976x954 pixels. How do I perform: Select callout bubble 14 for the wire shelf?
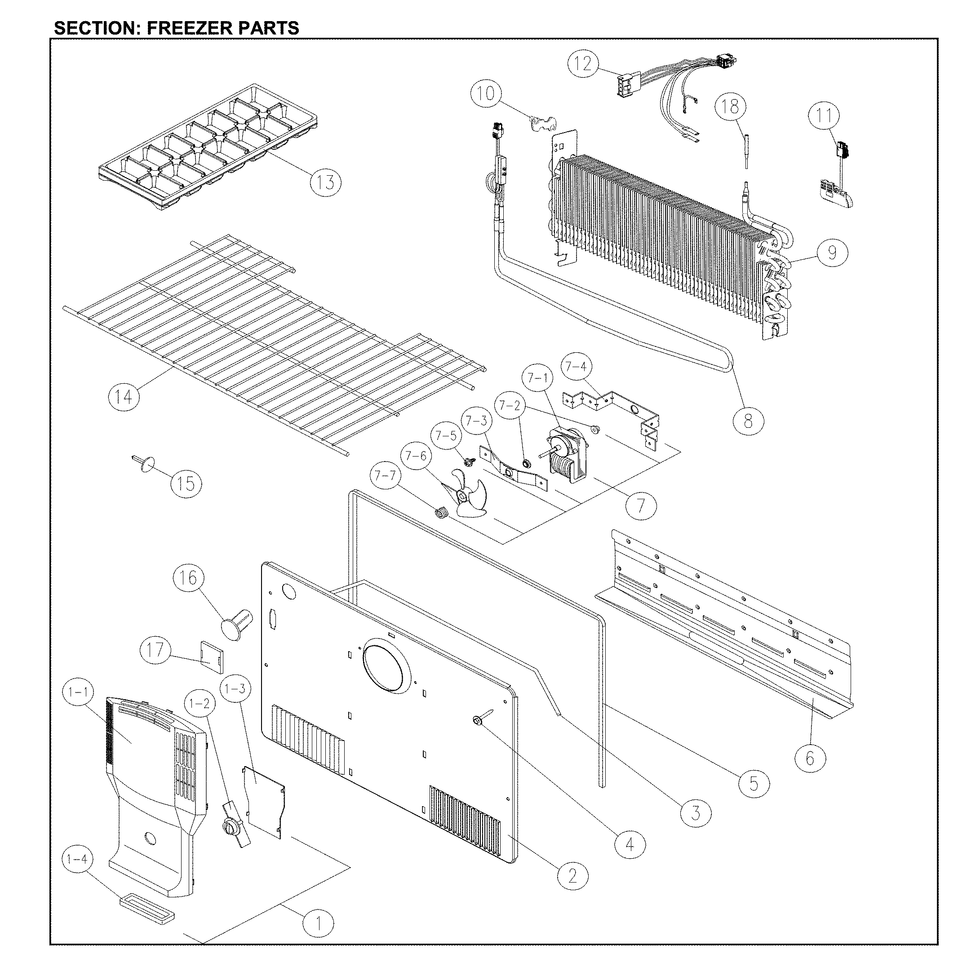coord(124,397)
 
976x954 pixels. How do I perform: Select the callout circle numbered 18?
coord(731,106)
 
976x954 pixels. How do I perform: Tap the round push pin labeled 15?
coord(146,465)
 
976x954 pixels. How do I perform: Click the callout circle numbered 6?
coord(810,758)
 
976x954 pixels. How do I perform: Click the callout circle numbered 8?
coord(748,421)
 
